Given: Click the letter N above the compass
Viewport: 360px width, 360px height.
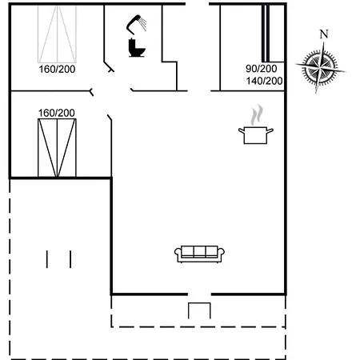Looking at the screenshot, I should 323,34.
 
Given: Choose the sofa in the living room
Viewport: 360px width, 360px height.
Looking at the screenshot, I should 201,253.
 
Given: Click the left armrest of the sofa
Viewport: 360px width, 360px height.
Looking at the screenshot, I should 178,254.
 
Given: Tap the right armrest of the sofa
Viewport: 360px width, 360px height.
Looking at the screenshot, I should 223,254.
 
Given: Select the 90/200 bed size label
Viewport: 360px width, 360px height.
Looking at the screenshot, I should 262,69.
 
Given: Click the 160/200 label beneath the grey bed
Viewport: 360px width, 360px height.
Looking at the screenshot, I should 57,70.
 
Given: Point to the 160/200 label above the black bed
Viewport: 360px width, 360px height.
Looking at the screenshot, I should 57,113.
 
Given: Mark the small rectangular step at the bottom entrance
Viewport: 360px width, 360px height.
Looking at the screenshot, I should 198,311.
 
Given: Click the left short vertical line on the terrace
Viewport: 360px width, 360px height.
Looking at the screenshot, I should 47,259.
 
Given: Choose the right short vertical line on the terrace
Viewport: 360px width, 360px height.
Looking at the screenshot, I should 70,259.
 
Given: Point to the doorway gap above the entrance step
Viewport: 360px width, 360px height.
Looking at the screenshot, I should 201,294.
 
